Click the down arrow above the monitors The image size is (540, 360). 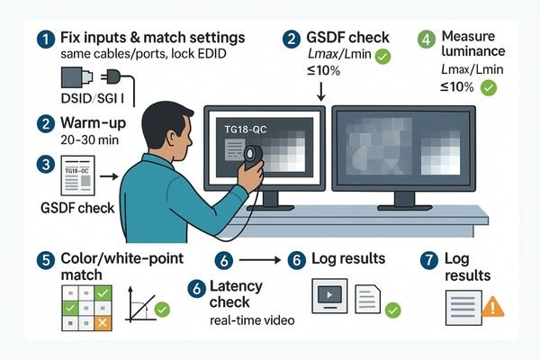322,91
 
